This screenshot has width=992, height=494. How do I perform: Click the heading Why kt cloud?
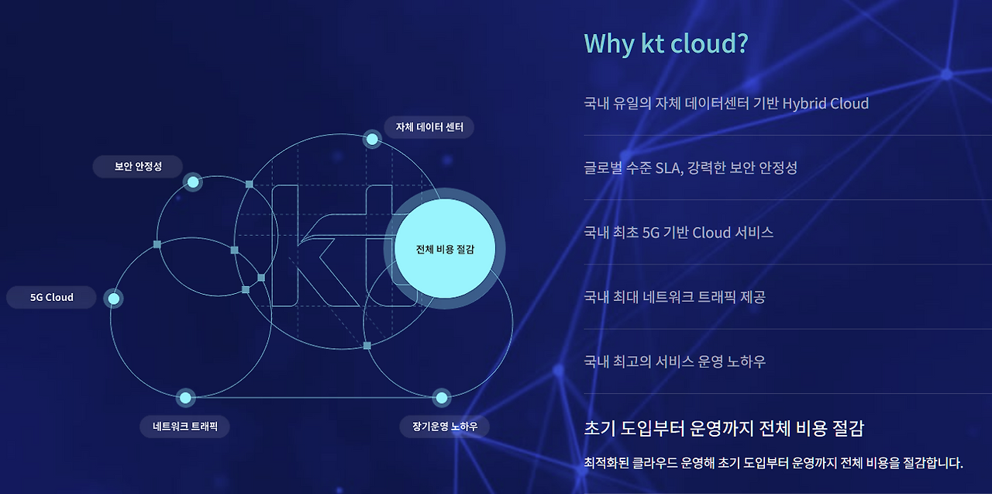point(666,43)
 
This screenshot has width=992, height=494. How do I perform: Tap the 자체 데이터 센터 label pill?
point(429,127)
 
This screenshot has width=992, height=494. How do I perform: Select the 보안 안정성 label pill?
point(138,167)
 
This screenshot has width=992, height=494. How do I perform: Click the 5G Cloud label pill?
point(52,298)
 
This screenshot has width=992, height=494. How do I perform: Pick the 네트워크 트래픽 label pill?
point(185,427)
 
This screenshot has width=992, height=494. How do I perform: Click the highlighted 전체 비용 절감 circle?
point(444,249)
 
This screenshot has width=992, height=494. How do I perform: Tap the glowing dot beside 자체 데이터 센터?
point(372,140)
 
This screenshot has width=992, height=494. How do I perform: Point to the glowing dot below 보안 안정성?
point(193,182)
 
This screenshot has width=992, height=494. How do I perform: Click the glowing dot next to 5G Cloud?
point(114,299)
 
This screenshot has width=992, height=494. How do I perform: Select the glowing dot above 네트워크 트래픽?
point(185,398)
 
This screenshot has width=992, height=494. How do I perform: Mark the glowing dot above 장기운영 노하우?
point(442,398)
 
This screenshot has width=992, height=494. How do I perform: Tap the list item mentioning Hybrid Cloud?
point(726,103)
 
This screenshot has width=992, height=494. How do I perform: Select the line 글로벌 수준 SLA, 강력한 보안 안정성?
point(691,168)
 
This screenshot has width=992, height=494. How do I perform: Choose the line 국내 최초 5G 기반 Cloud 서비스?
point(678,233)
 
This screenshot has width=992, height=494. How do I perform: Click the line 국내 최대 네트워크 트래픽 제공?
point(674,297)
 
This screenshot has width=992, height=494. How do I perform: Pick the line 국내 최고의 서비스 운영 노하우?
point(674,361)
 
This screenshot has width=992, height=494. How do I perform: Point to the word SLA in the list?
point(666,168)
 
